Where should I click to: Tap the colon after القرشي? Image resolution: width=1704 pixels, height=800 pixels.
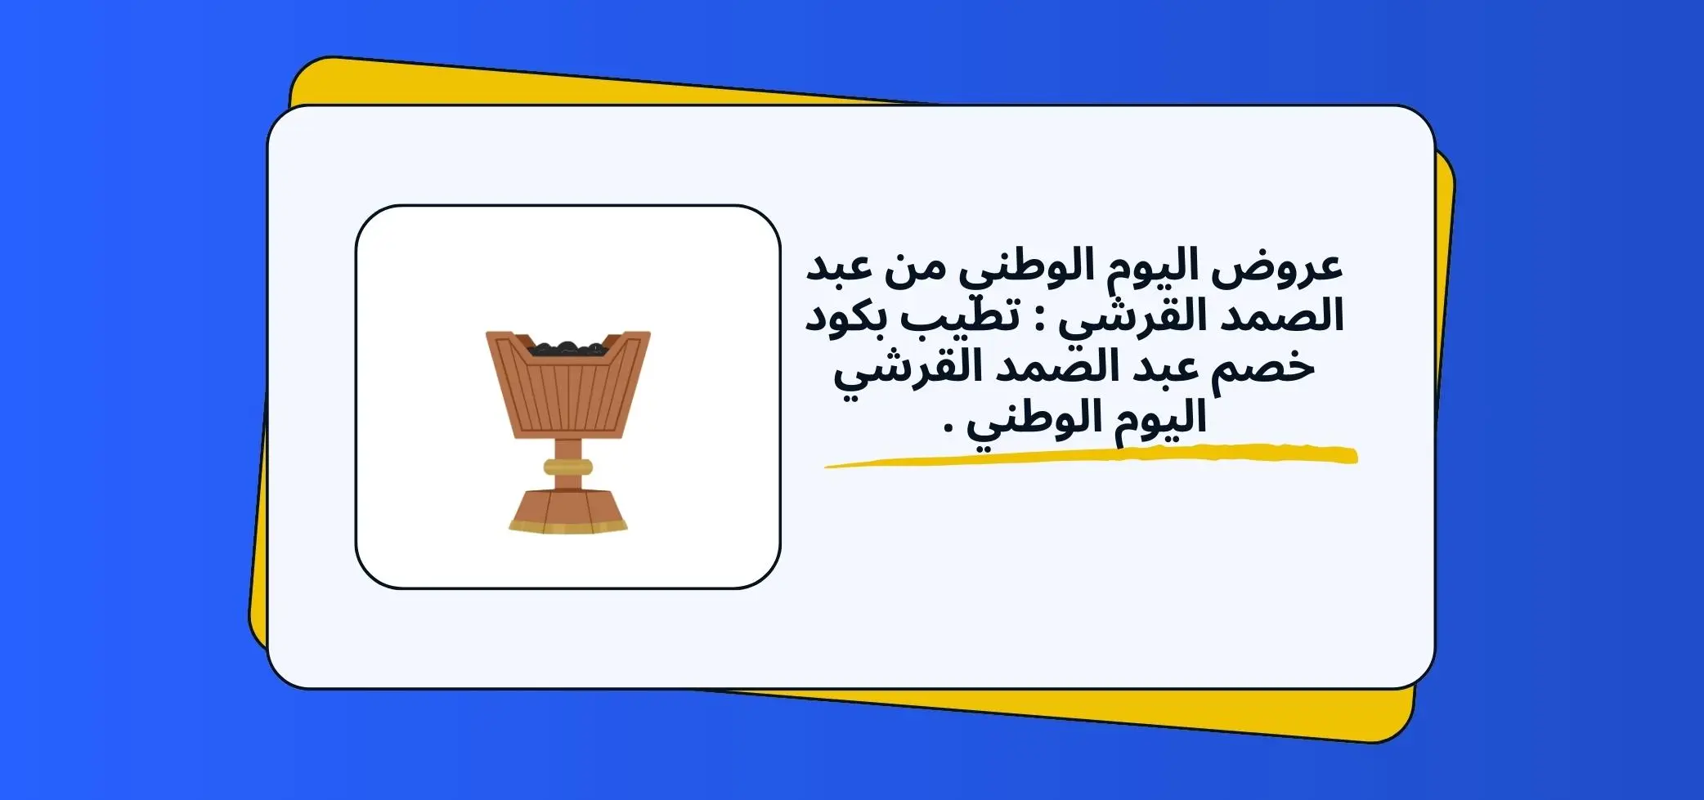pos(1042,320)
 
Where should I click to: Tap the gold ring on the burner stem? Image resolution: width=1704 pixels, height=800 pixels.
pos(568,467)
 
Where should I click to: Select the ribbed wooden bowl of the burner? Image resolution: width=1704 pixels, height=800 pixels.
pos(568,384)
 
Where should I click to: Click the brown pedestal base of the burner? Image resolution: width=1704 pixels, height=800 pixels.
pos(568,503)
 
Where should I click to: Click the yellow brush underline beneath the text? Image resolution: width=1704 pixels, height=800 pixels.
pos(1091,455)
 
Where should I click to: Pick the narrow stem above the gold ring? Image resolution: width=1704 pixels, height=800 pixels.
pos(568,448)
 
